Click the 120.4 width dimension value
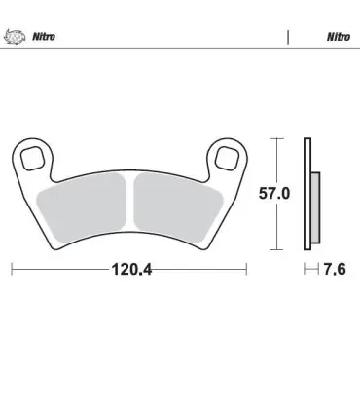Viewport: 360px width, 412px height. coord(131,269)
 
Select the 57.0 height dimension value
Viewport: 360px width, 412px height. coord(274,194)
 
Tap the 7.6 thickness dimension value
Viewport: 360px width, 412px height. coord(335,269)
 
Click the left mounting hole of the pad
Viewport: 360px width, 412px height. coord(32,158)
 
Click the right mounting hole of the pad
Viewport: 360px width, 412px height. coord(228,158)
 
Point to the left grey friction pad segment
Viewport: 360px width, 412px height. coord(81,207)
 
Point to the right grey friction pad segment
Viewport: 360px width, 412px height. coord(178,207)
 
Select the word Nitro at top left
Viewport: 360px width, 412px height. coord(44,37)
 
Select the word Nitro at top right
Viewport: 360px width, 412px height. coord(339,37)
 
